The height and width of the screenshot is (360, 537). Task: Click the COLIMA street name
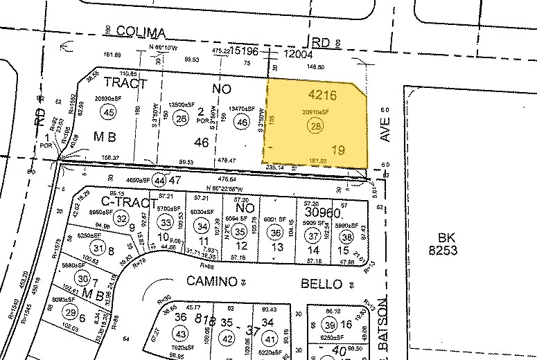(141, 33)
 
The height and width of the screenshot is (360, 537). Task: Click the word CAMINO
(211, 282)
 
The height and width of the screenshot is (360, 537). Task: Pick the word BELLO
(322, 284)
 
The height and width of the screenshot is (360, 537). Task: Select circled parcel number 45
(107, 112)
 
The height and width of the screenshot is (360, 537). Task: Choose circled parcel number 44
(161, 180)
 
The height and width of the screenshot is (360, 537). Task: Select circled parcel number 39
(331, 326)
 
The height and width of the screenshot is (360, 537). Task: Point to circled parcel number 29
(70, 313)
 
